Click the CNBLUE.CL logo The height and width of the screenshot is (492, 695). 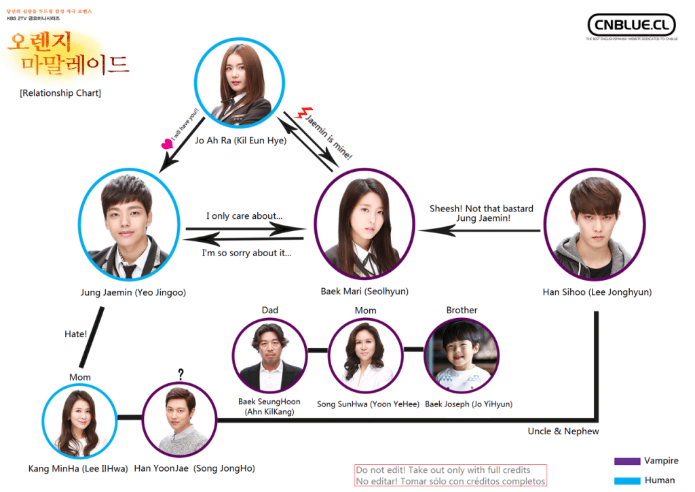(x=631, y=25)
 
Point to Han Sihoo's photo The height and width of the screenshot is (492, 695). (x=595, y=225)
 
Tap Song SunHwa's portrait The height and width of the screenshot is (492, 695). (x=365, y=355)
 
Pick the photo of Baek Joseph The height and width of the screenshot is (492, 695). (x=462, y=355)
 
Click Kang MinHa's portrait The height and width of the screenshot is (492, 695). (x=79, y=419)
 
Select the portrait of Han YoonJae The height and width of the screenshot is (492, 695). (x=179, y=419)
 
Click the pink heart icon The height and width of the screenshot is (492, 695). (x=166, y=144)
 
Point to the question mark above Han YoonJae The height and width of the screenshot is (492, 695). (x=181, y=374)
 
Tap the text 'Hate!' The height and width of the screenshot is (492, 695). (x=75, y=334)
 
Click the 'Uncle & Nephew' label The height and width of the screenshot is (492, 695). (x=563, y=431)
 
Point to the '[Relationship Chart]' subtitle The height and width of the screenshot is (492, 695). (x=60, y=92)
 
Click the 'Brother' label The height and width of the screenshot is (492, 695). (x=462, y=310)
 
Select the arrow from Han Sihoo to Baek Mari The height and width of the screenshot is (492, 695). (x=479, y=230)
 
